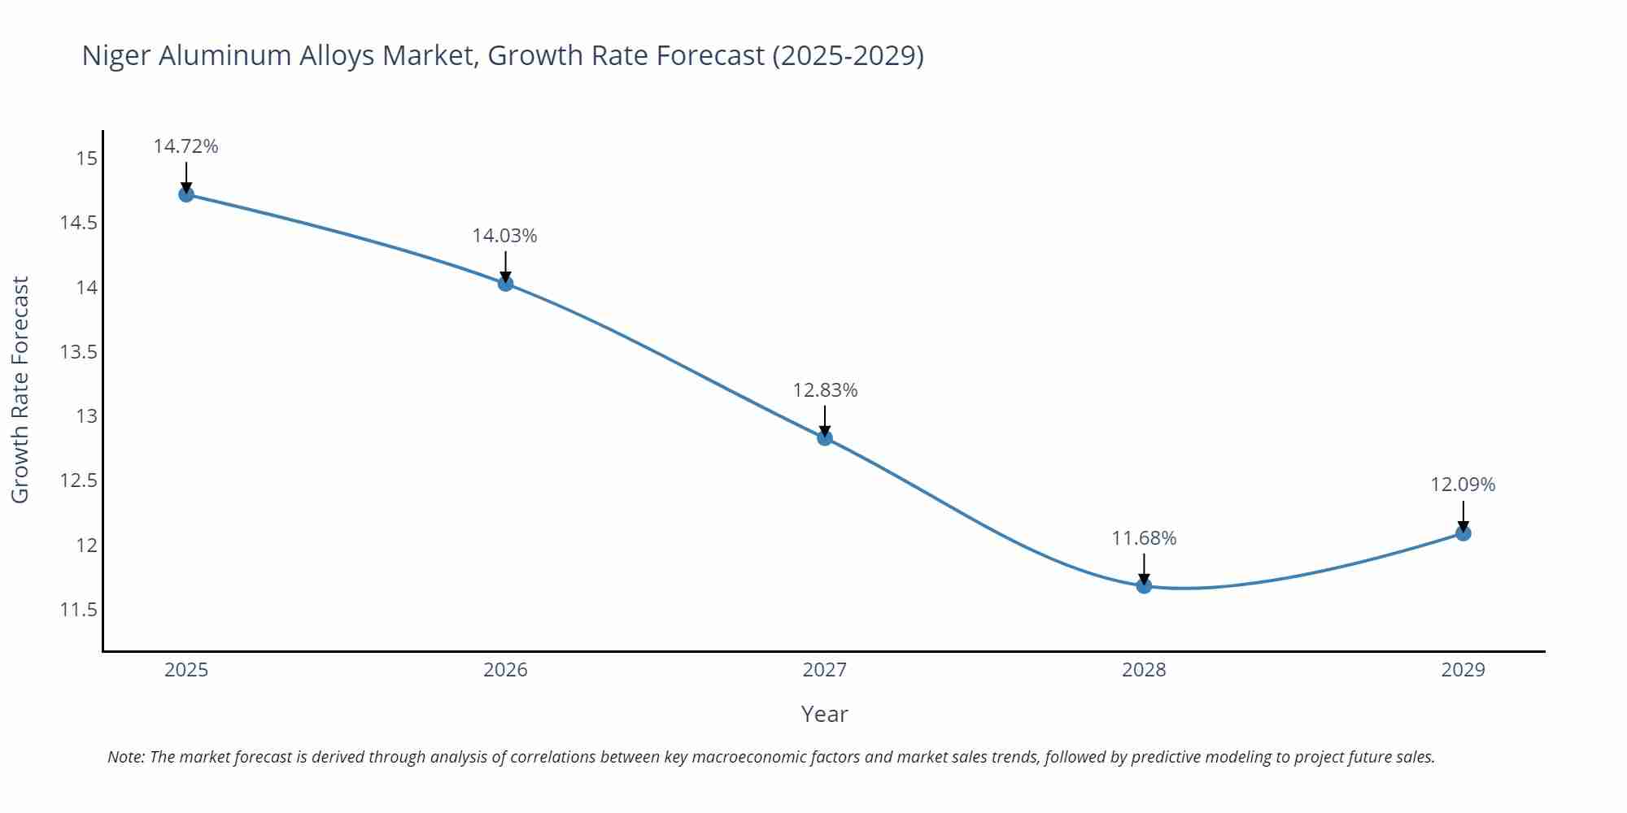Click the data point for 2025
(x=186, y=194)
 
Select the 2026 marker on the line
(x=505, y=284)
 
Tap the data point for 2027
(x=825, y=438)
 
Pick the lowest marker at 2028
(x=1144, y=586)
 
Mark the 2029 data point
(x=1463, y=533)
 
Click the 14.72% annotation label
(x=186, y=146)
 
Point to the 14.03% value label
(x=505, y=236)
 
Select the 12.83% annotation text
(x=825, y=390)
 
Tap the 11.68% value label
(x=1144, y=538)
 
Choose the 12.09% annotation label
(x=1463, y=485)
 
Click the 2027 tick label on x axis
(x=825, y=670)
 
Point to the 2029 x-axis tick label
(x=1463, y=670)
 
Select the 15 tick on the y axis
(x=86, y=159)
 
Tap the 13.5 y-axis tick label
(x=78, y=352)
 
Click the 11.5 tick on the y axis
(x=78, y=610)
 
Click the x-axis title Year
(x=824, y=714)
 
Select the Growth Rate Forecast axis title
(x=20, y=389)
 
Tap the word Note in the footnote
(x=125, y=757)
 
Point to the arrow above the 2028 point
(x=1144, y=568)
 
